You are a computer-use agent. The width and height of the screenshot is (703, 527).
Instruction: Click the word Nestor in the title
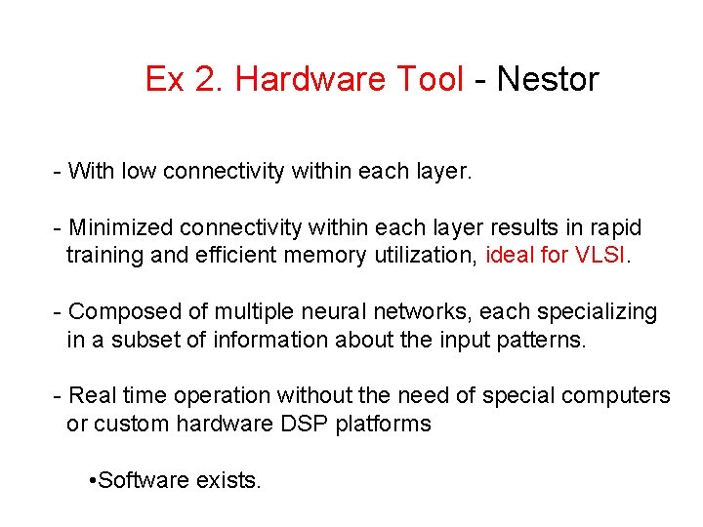tap(548, 79)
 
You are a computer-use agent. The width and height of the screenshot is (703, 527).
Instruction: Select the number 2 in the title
tap(207, 79)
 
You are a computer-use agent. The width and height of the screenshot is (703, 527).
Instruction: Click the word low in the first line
tap(140, 172)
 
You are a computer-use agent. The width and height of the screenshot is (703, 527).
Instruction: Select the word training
tap(104, 256)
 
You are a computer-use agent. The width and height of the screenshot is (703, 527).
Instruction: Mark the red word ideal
tap(509, 256)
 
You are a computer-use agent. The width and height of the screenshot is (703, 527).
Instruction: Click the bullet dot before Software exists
tap(91, 480)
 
